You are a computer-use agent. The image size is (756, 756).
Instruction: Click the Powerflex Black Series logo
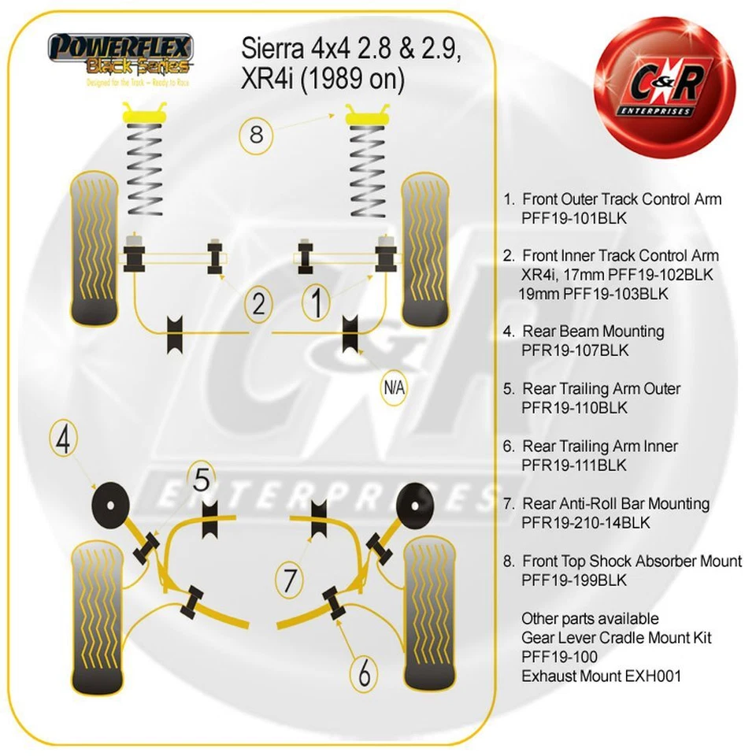pyautogui.click(x=119, y=58)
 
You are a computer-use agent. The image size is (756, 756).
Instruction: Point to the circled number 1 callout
pyautogui.click(x=317, y=303)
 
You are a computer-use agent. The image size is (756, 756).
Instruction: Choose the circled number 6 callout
pyautogui.click(x=364, y=674)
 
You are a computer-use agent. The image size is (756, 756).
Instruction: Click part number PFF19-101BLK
pyautogui.click(x=573, y=219)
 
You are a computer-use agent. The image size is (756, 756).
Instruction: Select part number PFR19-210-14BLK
pyautogui.click(x=586, y=522)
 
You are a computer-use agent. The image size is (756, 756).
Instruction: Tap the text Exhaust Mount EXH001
pyautogui.click(x=601, y=676)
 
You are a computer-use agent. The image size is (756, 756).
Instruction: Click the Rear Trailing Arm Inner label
pyautogui.click(x=598, y=446)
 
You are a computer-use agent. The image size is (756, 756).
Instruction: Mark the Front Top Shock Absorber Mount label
pyautogui.click(x=632, y=561)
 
